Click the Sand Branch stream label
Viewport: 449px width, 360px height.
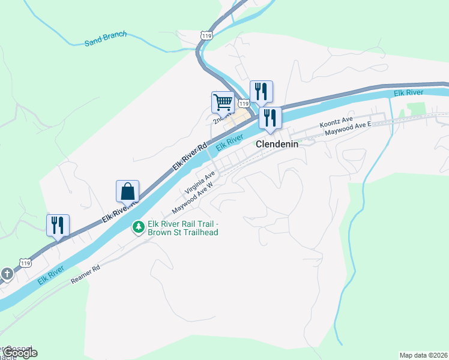pos(106,38)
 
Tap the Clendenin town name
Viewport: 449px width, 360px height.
pos(277,145)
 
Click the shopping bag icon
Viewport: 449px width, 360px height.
pos(128,191)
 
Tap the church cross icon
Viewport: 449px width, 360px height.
pos(7,274)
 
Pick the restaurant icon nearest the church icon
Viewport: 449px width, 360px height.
pos(58,225)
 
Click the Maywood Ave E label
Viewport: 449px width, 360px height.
pos(349,130)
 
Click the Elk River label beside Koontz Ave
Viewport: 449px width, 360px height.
pos(409,93)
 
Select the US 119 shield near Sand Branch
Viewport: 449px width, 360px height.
pos(206,37)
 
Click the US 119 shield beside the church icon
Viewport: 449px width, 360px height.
pos(25,263)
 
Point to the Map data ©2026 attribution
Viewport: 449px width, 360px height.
pos(424,355)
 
